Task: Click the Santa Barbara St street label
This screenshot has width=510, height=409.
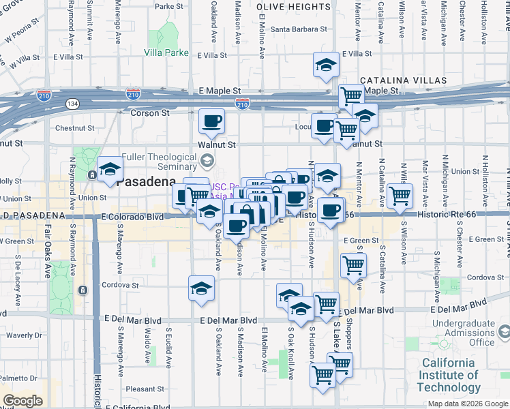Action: tap(299, 29)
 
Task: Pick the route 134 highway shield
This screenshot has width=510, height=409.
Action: tap(72, 104)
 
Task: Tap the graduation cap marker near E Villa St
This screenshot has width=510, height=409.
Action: tap(326, 65)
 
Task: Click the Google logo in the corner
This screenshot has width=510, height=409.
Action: tap(22, 401)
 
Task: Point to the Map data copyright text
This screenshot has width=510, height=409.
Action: tap(468, 404)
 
